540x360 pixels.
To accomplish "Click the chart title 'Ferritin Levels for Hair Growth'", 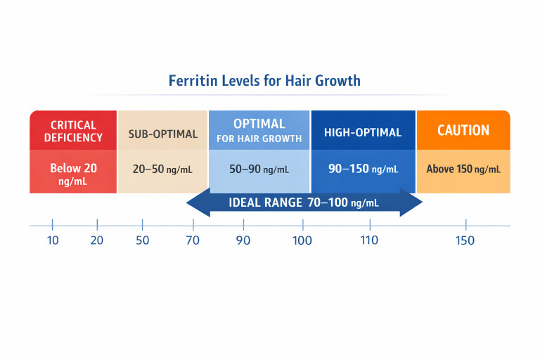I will pos(264,80).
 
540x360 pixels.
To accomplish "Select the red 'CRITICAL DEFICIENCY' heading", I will pos(73,131).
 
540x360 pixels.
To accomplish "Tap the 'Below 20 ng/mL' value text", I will pos(73,174).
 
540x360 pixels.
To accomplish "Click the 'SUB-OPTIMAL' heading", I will pos(162,134).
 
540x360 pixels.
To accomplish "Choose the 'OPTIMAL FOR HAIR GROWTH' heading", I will pos(259,131).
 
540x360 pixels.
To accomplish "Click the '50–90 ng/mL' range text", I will pos(259,169).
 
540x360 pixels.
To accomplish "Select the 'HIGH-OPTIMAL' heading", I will pos(362,132).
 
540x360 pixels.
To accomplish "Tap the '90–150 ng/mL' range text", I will pos(363,169).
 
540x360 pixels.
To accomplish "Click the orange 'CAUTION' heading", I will pos(463,130).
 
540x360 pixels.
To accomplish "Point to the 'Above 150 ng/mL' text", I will pos(463,169).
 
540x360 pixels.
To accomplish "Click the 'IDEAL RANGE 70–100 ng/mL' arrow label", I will pos(304,203).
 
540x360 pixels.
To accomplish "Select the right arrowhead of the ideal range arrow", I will pos(413,203).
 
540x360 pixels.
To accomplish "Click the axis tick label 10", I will pos(52,240).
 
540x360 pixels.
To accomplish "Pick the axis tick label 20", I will pos(97,240).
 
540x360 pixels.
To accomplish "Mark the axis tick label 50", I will pos(142,240).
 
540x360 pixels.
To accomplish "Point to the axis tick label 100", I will pos(302,240).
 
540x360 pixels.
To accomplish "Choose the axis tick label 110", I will pos(369,240).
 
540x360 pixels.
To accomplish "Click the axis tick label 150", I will pos(465,240).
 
